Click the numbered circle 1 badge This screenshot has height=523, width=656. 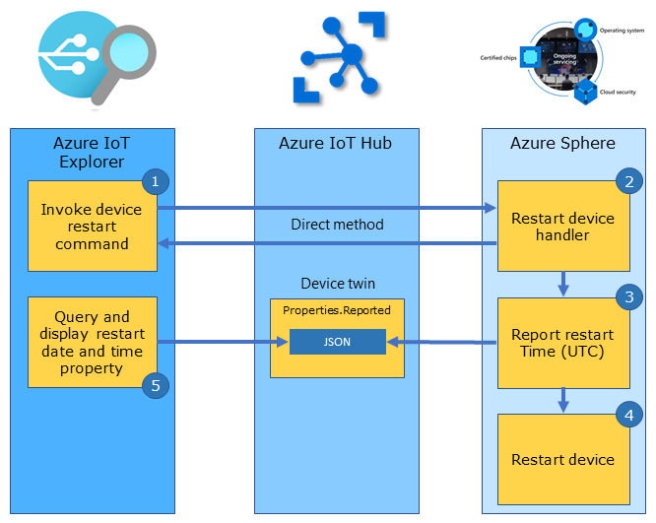(154, 181)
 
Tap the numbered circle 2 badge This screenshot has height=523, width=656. (626, 181)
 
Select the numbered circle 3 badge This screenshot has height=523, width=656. (626, 298)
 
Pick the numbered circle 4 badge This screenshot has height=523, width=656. (626, 415)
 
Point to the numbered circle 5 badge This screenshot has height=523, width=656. (154, 385)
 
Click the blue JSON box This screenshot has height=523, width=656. (337, 342)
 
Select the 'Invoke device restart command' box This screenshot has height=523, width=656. (92, 227)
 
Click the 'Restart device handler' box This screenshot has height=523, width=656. (562, 227)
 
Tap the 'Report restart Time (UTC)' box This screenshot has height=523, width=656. (562, 343)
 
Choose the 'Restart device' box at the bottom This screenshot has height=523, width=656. (562, 459)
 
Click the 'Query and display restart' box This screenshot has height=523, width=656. (92, 342)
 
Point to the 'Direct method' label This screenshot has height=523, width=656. (337, 225)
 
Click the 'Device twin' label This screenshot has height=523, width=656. (337, 284)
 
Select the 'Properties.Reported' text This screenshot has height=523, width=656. (337, 310)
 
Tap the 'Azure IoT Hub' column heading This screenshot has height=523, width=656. (335, 144)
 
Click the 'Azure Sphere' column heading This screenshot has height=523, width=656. (562, 144)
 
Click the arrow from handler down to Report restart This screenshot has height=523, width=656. (562, 284)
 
